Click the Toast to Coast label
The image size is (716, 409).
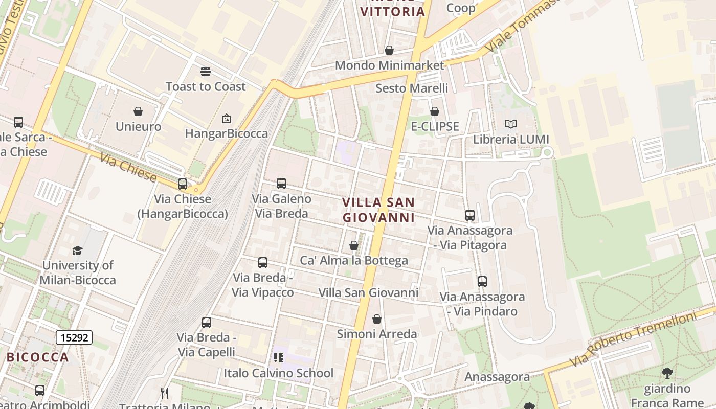pyautogui.click(x=206, y=87)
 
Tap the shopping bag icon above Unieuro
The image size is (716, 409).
pyautogui.click(x=138, y=111)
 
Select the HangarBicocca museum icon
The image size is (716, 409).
pyautogui.click(x=226, y=119)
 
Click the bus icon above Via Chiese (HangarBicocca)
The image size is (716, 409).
pyautogui.click(x=183, y=184)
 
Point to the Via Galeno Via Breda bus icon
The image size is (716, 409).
pyautogui.click(x=281, y=184)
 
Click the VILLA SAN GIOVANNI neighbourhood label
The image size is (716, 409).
pyautogui.click(x=378, y=210)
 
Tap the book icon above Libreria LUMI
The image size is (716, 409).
pyautogui.click(x=510, y=124)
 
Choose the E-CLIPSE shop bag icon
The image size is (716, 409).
pyautogui.click(x=435, y=111)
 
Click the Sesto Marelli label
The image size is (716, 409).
pyautogui.click(x=412, y=88)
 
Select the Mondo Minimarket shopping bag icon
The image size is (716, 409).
pyautogui.click(x=389, y=50)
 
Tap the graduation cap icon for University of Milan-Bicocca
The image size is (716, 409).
pyautogui.click(x=78, y=251)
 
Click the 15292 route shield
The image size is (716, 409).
pyautogui.click(x=74, y=337)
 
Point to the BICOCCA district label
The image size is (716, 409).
pyautogui.click(x=37, y=357)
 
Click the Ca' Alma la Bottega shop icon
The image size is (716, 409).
pyautogui.click(x=353, y=246)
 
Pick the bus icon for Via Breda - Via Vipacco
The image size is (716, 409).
pyautogui.click(x=263, y=263)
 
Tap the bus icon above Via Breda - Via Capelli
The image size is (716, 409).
pyautogui.click(x=207, y=323)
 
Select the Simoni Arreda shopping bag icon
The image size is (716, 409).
pyautogui.click(x=377, y=319)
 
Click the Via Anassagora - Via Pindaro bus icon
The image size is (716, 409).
pyautogui.click(x=482, y=282)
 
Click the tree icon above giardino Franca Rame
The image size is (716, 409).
pyautogui.click(x=667, y=373)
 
